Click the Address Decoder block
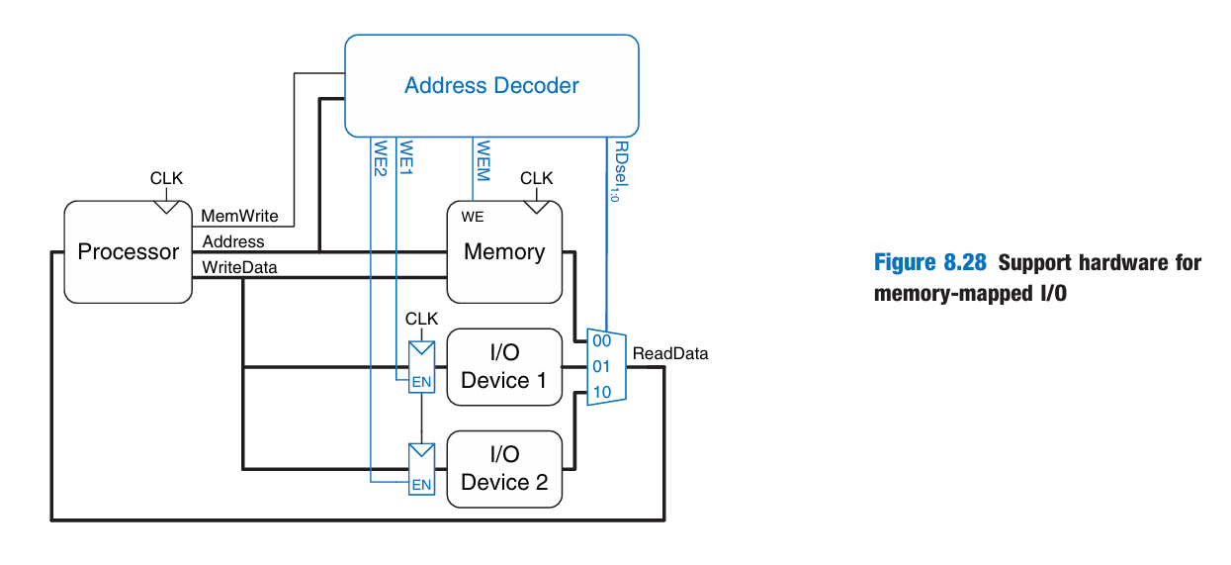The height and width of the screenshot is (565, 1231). point(491,85)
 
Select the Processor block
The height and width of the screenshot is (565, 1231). point(129,251)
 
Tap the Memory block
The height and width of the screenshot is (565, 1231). point(504,252)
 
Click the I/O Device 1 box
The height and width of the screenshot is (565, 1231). point(504,367)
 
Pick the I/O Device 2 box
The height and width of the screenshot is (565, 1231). point(504,468)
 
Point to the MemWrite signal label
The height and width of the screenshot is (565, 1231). point(240,216)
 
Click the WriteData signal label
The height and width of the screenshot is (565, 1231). point(240,267)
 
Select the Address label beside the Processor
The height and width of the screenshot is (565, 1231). point(233,241)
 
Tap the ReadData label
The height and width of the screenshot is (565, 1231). point(670,353)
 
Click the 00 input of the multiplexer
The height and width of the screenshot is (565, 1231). point(601,340)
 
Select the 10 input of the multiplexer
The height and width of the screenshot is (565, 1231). point(601,393)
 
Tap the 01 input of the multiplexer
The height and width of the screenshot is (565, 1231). point(601,367)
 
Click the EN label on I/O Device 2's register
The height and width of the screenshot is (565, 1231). point(422,485)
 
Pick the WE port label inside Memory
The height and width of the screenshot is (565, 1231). point(473,217)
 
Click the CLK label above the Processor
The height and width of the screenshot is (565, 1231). point(167,178)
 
